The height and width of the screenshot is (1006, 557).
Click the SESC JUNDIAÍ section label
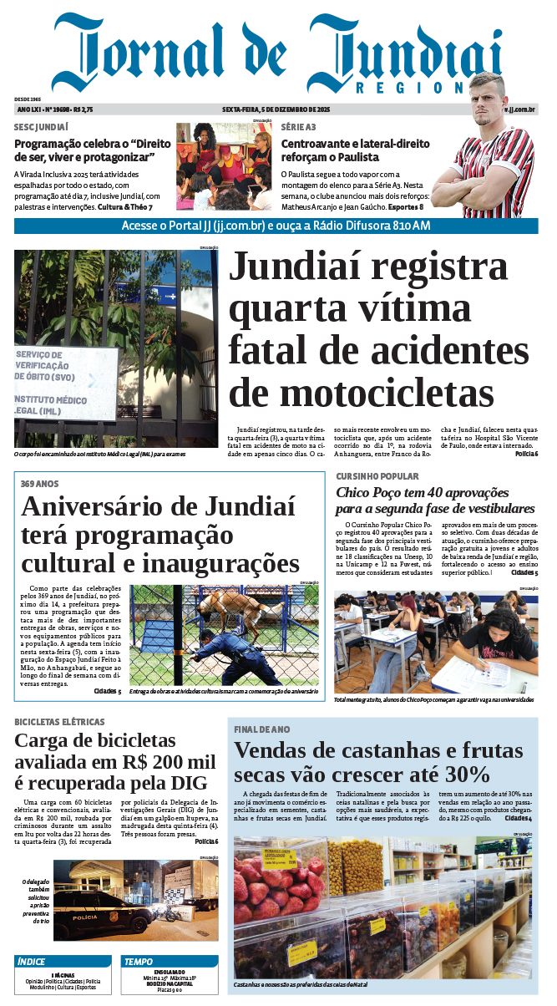(x=41, y=127)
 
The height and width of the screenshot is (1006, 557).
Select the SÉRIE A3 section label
(x=298, y=127)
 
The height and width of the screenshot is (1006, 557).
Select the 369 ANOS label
(x=39, y=484)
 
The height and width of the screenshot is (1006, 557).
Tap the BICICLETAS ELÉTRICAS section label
(x=59, y=721)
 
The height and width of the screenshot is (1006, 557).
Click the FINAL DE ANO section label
(x=262, y=729)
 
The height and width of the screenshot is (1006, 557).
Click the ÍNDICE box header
(x=32, y=962)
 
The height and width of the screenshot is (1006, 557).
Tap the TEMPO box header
(x=139, y=962)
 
